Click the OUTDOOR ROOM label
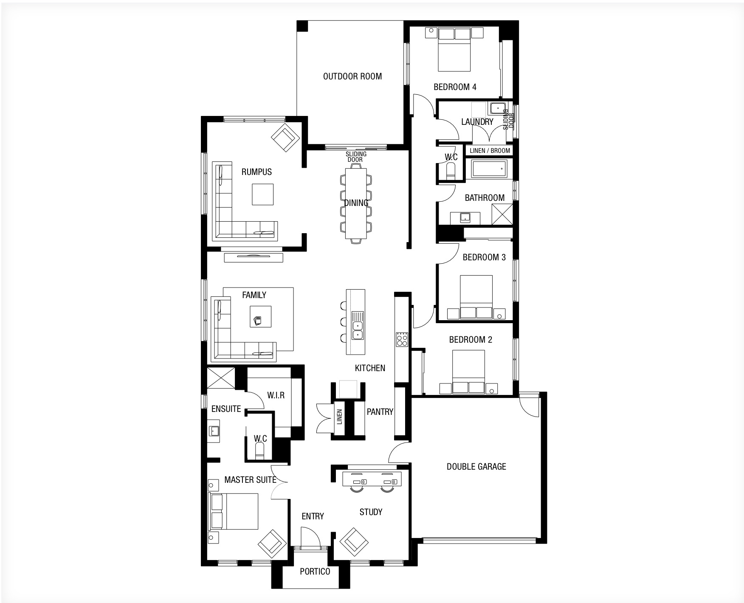click(x=352, y=76)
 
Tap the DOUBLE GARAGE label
click(x=476, y=467)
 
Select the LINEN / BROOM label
click(x=490, y=150)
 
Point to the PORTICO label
click(x=315, y=572)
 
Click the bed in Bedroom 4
click(x=455, y=49)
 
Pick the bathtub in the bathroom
click(x=489, y=169)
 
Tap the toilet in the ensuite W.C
click(x=260, y=450)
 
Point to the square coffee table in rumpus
click(x=262, y=194)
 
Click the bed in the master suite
click(x=234, y=511)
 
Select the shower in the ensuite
click(x=220, y=378)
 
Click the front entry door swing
click(x=311, y=537)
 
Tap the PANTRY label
click(x=380, y=411)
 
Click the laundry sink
click(x=496, y=108)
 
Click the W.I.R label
click(x=276, y=395)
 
